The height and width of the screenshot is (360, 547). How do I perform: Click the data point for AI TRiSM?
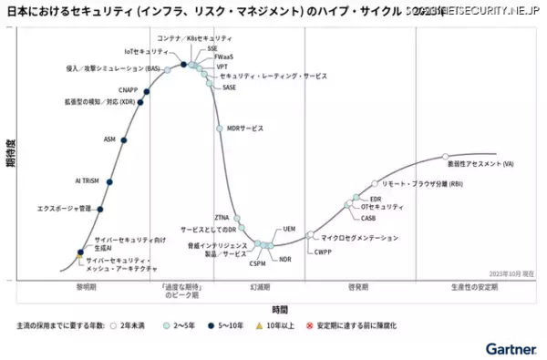click(x=109, y=182)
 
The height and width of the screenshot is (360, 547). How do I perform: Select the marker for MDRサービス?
click(x=220, y=129)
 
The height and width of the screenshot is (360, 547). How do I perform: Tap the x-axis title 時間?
click(x=280, y=309)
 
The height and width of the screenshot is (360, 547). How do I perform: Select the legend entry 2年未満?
click(x=127, y=325)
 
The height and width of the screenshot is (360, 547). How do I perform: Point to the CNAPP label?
click(x=129, y=89)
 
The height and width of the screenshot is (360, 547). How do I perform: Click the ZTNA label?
click(x=222, y=217)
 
